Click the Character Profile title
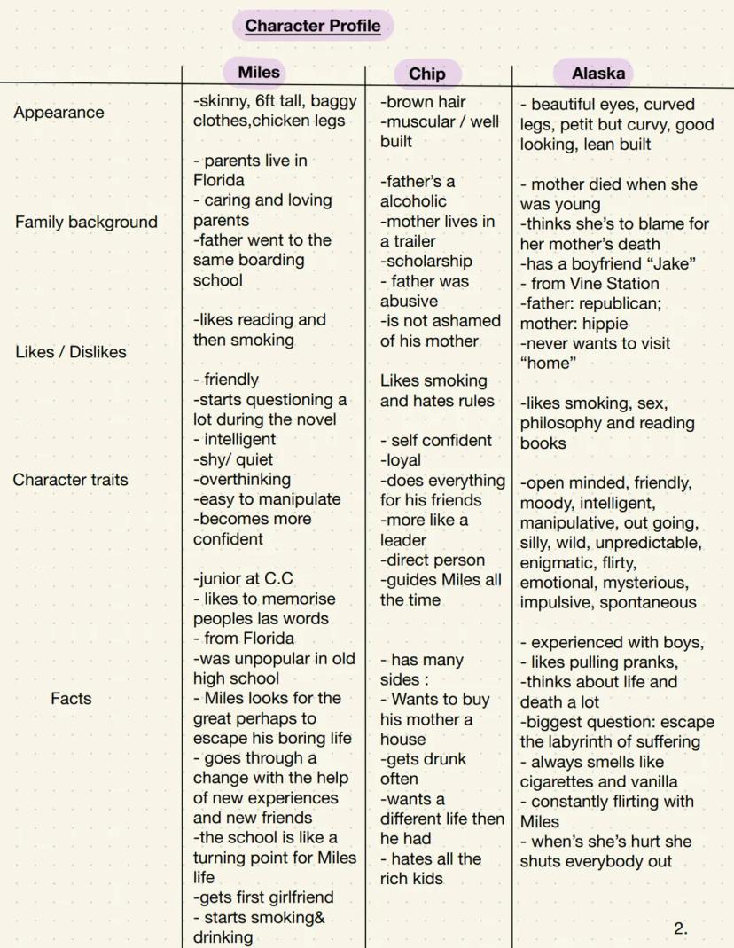[313, 26]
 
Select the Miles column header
[259, 73]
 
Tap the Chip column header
[426, 74]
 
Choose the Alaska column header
[597, 74]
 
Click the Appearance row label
[59, 113]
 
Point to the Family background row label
[85, 223]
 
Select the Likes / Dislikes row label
[71, 352]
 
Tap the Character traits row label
[70, 480]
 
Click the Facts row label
[71, 698]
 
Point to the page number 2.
[680, 929]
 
